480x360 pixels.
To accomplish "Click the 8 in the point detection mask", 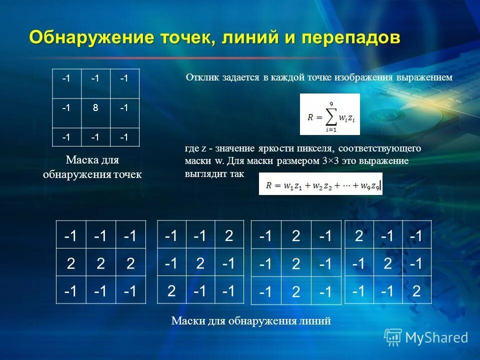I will click(95, 107).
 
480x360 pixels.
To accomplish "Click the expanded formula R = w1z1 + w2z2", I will click(320, 184).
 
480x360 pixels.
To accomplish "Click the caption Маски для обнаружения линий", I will click(251, 321).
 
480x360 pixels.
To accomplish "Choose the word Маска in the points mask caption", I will click(79, 160).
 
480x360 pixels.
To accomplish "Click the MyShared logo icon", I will click(392, 337).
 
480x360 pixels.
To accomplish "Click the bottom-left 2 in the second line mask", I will click(171, 290).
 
